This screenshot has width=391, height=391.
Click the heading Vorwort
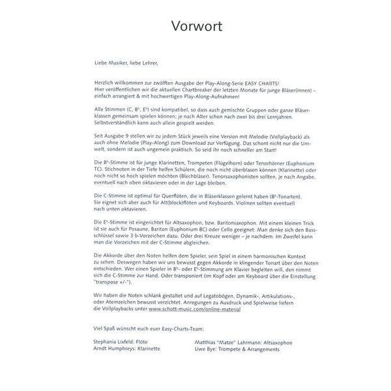click(195, 27)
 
